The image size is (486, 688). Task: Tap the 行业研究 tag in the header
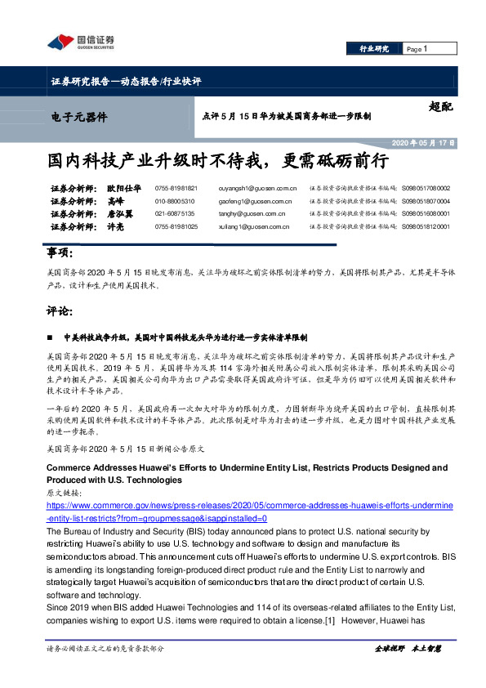click(374, 49)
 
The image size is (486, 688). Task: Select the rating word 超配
click(439, 106)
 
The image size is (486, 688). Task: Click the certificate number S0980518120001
click(426, 226)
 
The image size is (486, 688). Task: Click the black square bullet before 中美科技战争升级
click(52, 337)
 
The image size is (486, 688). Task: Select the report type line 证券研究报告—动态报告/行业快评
click(126, 82)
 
